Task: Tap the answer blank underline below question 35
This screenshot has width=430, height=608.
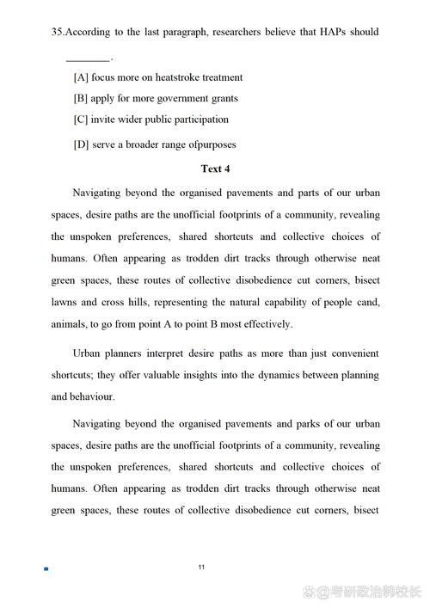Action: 88,60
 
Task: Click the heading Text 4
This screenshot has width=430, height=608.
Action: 215,169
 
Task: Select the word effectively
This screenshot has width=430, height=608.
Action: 266,324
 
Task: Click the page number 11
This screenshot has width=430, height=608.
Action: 201,567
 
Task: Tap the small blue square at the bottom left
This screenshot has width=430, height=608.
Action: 45,568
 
